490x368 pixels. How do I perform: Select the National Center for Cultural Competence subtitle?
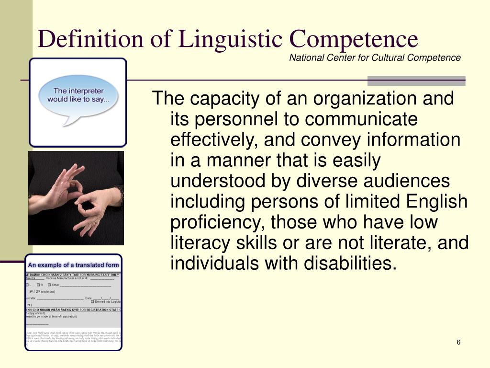(x=375, y=58)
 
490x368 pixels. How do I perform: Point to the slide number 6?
(x=458, y=342)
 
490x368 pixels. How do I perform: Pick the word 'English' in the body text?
(x=436, y=202)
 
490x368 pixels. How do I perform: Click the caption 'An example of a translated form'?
(x=73, y=265)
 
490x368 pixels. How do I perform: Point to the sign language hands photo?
(x=76, y=198)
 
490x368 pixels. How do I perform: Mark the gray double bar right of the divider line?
(x=416, y=80)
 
